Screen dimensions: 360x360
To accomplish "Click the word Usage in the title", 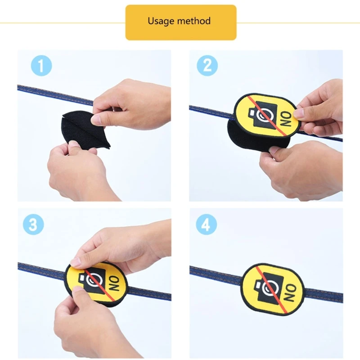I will coord(161,21).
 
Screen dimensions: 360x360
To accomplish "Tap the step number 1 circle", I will coord(41,66).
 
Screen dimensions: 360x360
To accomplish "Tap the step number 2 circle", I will coord(207,66).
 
